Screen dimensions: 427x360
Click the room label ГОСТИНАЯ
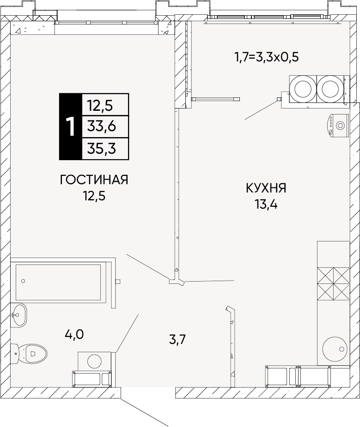(94, 180)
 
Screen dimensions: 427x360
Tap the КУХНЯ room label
(266, 188)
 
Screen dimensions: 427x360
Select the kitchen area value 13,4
(266, 204)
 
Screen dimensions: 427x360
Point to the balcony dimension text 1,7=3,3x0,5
(267, 58)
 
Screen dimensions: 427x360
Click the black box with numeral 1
(70, 126)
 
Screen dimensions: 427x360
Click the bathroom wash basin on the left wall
(19, 315)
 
